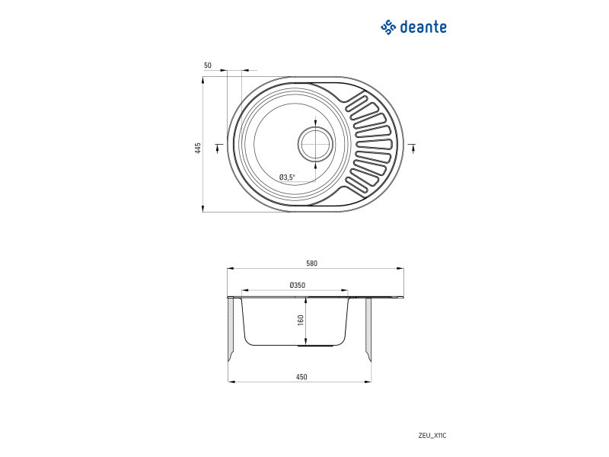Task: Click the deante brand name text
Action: [423, 27]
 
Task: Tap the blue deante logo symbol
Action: [388, 27]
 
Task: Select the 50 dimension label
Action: [208, 66]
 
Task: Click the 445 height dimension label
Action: [198, 149]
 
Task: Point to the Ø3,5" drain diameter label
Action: [287, 177]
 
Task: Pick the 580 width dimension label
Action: [311, 264]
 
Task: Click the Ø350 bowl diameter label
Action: [298, 285]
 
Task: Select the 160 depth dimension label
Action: [300, 320]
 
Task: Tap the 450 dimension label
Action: [301, 376]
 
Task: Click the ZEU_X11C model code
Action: [432, 436]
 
